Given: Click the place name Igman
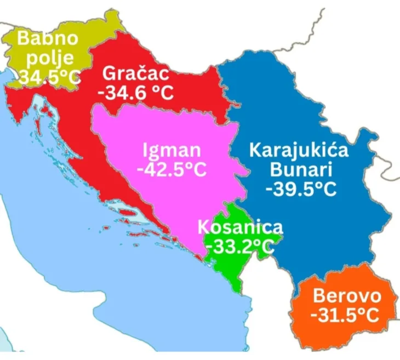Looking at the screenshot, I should (x=172, y=150).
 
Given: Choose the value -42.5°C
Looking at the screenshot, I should (x=172, y=169).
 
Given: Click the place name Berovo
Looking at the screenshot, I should (x=346, y=296).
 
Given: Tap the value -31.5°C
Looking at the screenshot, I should (x=345, y=316).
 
